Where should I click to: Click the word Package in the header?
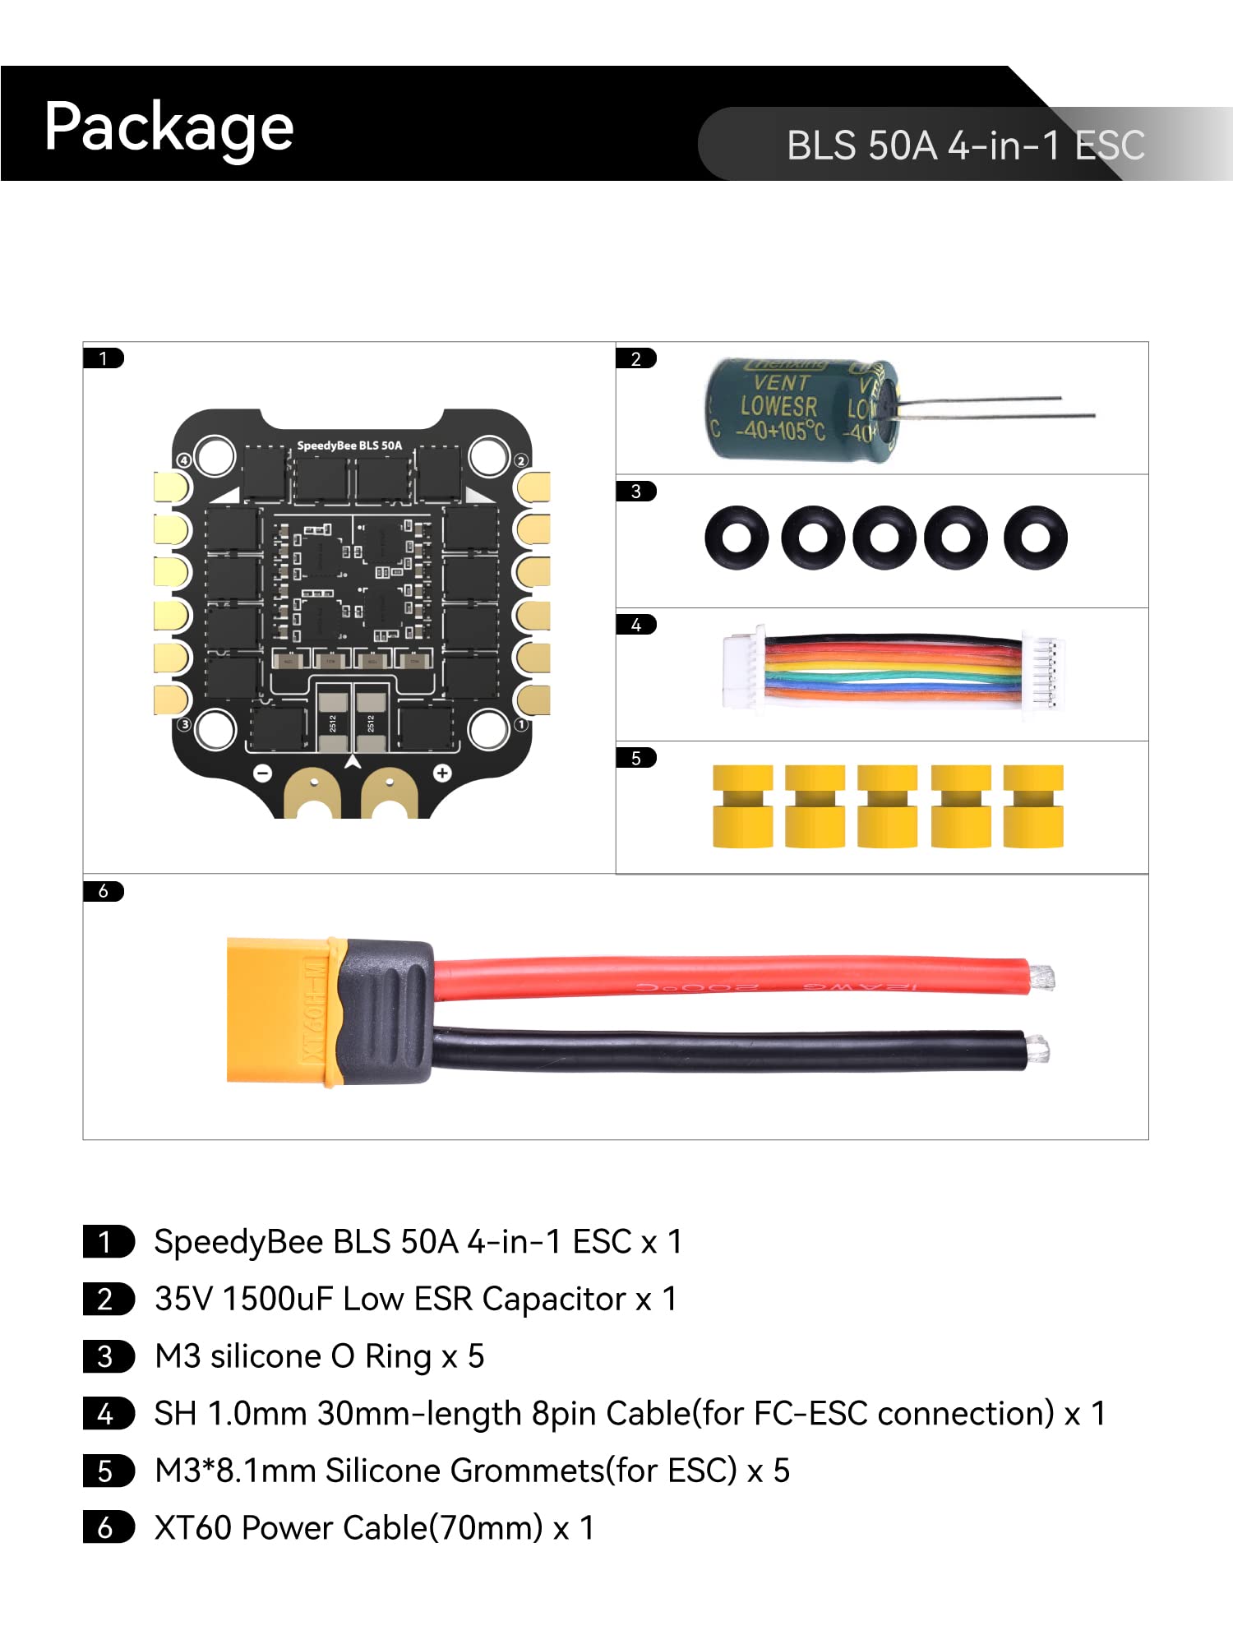[x=169, y=127]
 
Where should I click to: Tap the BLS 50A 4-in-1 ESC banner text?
[x=965, y=145]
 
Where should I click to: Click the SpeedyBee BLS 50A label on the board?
[x=349, y=446]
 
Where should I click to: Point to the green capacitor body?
[x=789, y=409]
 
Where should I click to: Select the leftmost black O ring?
[x=737, y=538]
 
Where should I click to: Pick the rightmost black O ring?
[x=1036, y=538]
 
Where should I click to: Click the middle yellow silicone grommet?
[x=887, y=806]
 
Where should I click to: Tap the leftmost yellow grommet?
[x=742, y=806]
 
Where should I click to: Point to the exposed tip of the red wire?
[x=1042, y=977]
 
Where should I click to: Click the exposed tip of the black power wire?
[x=1038, y=1050]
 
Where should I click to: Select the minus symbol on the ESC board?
[x=262, y=773]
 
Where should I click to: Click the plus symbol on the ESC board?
[x=442, y=773]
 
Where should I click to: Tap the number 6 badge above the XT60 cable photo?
[x=104, y=891]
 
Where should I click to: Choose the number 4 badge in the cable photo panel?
[x=636, y=625]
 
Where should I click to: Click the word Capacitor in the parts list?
[x=554, y=1300]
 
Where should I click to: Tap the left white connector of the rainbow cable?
[x=742, y=670]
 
